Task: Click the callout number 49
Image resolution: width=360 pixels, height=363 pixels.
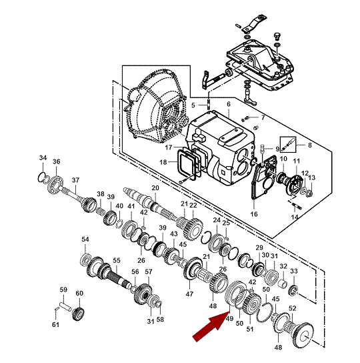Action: coord(229,318)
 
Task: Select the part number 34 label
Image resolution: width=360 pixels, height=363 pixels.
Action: coord(43,158)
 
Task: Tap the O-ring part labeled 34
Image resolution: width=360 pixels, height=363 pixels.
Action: coord(41,177)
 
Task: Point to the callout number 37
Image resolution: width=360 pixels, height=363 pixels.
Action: coord(75,180)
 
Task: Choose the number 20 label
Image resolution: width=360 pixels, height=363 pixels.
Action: coord(155,188)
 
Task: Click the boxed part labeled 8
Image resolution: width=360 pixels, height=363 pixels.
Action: coord(288,144)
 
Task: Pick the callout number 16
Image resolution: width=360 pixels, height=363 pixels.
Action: coord(254,214)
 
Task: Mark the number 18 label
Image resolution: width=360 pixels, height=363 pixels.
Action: coord(163,162)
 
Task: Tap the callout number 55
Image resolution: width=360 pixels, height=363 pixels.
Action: coord(117,261)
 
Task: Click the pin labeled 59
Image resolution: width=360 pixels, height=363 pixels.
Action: coord(65,306)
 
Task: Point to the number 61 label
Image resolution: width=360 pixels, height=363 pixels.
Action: coord(55,325)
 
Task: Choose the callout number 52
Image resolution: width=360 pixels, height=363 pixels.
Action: coord(293,308)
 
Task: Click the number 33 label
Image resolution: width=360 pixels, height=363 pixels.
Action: coord(294,271)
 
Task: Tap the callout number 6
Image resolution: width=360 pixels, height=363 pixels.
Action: coord(229,104)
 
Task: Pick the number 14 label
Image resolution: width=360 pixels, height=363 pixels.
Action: coord(295,217)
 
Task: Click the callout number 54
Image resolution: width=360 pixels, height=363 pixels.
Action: coord(85,239)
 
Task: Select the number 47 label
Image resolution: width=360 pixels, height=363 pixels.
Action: coord(189,294)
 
